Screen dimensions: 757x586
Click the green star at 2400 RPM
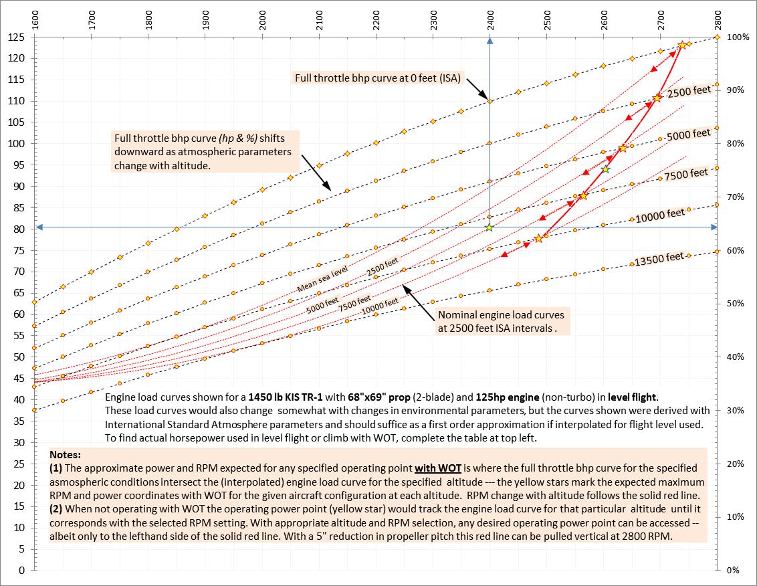coord(490,228)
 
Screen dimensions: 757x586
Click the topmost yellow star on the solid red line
coord(682,45)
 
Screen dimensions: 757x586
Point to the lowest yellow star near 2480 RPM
coord(538,238)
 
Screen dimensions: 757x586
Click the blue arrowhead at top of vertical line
coord(490,41)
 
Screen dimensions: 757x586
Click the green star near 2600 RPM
coord(606,169)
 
